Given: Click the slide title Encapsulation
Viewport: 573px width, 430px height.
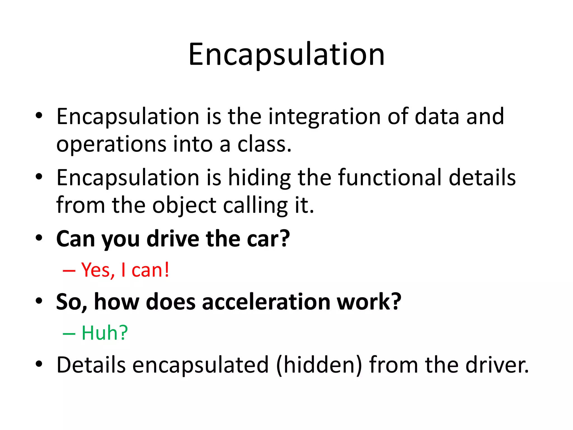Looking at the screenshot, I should [x=286, y=55].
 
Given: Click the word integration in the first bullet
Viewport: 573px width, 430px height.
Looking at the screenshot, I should [x=324, y=116].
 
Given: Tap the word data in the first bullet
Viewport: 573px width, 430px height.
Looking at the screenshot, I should [x=437, y=116].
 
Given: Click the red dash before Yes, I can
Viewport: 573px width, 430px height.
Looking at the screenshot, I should [x=69, y=271].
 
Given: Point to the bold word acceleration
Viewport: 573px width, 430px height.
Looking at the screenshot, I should [x=266, y=302].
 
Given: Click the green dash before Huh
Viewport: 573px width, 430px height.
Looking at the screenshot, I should [x=69, y=334].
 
